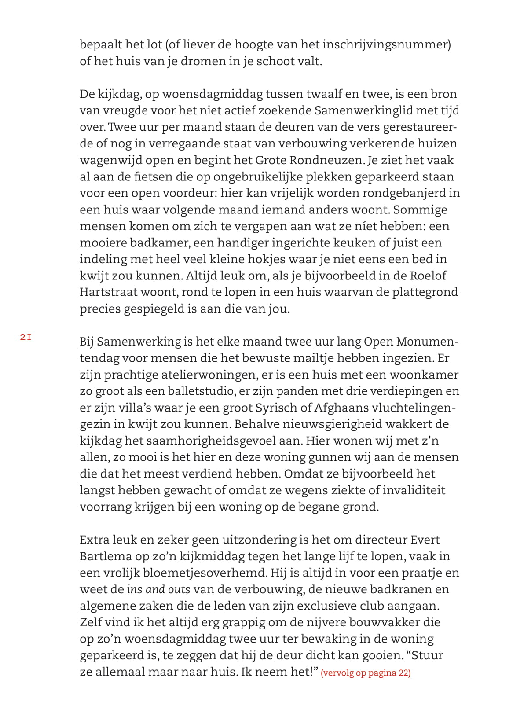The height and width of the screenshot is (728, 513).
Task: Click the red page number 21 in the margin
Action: click(x=26, y=338)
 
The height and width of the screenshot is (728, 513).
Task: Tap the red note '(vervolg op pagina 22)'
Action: click(x=366, y=673)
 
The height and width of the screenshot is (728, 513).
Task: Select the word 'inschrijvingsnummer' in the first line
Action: click(x=385, y=44)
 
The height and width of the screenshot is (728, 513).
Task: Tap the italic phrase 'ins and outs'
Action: click(x=158, y=589)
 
